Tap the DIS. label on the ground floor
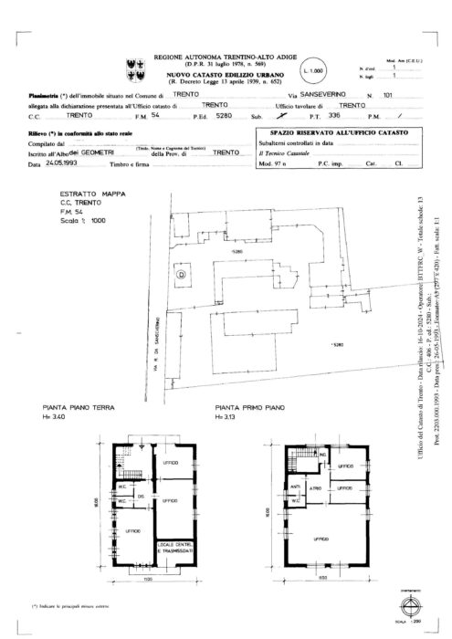(142, 497)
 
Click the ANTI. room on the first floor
(295, 486)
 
